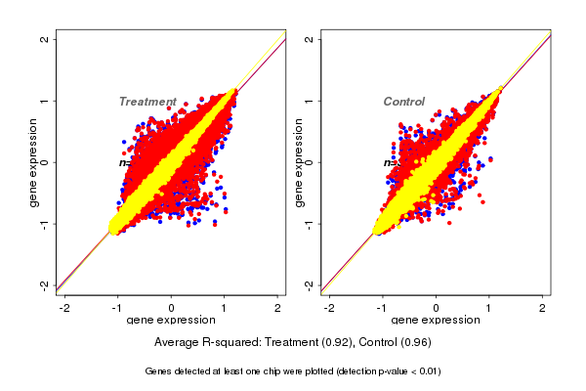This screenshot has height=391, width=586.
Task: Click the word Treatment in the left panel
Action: (147, 102)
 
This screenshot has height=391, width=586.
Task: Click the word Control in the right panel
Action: (404, 102)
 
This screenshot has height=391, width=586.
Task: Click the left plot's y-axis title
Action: (35, 162)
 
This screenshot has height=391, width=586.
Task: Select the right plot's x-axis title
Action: (436, 321)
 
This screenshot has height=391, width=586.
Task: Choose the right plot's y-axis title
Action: (300, 162)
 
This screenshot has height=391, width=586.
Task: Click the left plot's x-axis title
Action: (172, 321)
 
